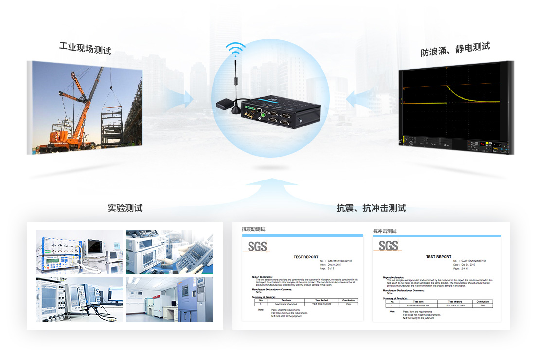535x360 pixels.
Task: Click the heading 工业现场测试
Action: point(85,49)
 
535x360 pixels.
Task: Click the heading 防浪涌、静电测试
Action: point(455,49)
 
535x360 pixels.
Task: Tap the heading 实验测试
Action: point(125,208)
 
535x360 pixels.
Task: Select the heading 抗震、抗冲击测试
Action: point(371,208)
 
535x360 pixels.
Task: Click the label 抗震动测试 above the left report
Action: point(253,229)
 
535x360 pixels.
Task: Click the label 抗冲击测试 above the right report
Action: point(385,231)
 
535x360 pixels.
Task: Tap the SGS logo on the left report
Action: point(257,246)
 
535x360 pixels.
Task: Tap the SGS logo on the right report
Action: point(388,246)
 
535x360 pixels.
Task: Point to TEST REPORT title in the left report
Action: point(306,257)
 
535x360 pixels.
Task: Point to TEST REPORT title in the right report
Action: point(438,257)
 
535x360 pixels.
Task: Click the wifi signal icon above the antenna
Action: point(236,49)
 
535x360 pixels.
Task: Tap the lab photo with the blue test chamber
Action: point(169,299)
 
